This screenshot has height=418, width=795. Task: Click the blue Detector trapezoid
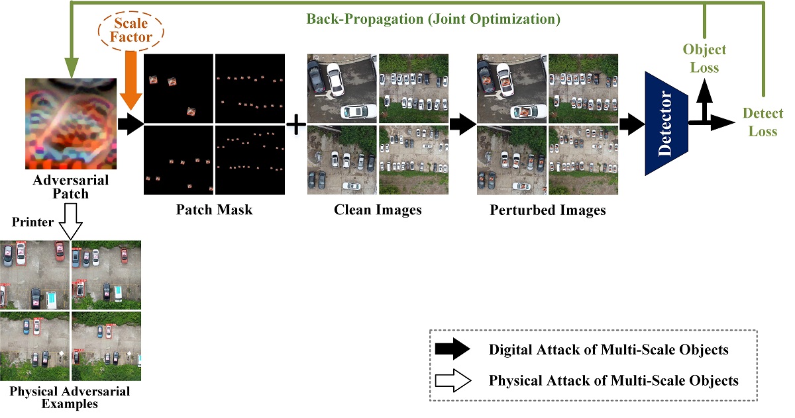pos(667,124)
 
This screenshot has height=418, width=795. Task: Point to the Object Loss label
pos(704,58)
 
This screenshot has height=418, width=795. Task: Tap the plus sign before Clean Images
pos(295,124)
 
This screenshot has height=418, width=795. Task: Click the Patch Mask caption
pos(214,210)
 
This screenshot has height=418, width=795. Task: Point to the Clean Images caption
pos(378,210)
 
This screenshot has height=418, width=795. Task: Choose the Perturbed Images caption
pos(547,210)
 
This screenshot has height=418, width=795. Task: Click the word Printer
pos(29,222)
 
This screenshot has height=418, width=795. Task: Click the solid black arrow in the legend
pos(453,350)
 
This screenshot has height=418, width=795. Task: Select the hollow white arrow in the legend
pos(453,380)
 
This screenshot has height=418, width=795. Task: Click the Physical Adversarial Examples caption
pos(70,397)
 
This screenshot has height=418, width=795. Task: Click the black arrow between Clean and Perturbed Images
pos(462,124)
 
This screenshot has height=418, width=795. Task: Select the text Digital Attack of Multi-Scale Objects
pos(608,350)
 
